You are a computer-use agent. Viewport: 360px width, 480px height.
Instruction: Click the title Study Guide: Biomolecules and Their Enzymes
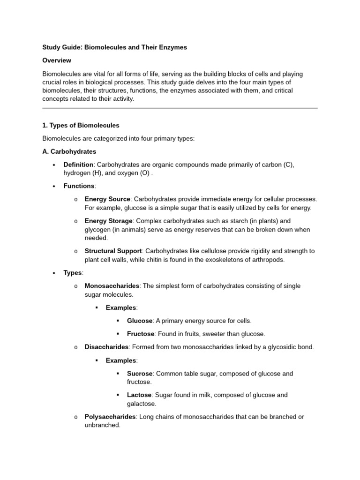click(114, 47)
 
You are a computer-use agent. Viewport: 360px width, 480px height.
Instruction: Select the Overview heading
click(57, 60)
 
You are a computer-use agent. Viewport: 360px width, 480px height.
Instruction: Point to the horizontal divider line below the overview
click(180, 108)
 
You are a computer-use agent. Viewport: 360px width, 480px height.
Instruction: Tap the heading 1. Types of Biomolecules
click(81, 125)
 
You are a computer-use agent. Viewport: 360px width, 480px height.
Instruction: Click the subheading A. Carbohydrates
click(69, 151)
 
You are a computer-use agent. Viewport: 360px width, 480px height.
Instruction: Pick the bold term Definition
click(79, 165)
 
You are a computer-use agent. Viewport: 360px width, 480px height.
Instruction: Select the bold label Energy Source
click(107, 199)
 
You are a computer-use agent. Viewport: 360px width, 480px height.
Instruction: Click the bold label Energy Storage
click(109, 221)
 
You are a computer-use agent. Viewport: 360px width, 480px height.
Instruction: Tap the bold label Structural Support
click(113, 251)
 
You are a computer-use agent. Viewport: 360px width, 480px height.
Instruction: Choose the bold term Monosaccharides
click(112, 285)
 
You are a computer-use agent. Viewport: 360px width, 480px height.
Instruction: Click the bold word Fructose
click(141, 334)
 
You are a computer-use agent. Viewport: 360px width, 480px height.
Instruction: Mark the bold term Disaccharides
click(106, 347)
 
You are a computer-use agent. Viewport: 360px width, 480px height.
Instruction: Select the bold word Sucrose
click(140, 374)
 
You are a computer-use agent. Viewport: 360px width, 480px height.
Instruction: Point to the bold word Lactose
click(139, 395)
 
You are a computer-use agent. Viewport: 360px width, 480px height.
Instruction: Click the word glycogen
click(99, 230)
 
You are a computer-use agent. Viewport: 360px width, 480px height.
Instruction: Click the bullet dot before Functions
click(54, 187)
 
